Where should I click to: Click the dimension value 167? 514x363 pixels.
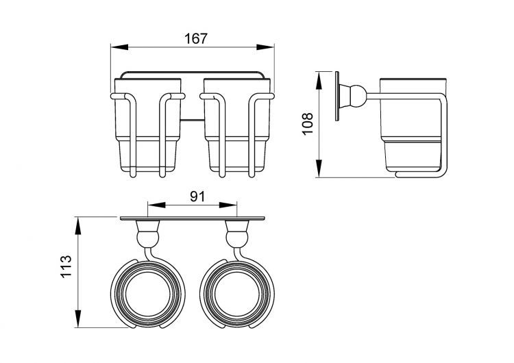pyautogui.click(x=196, y=38)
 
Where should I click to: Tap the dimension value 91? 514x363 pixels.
pyautogui.click(x=197, y=197)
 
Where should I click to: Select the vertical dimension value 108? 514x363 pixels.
pyautogui.click(x=308, y=124)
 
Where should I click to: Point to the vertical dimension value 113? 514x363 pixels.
pyautogui.click(x=66, y=266)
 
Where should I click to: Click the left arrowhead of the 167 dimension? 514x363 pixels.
pyautogui.click(x=119, y=47)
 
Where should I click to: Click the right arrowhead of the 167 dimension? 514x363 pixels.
pyautogui.click(x=265, y=47)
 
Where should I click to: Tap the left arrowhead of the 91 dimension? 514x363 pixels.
pyautogui.click(x=156, y=205)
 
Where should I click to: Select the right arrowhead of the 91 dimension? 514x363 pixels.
pyautogui.click(x=228, y=205)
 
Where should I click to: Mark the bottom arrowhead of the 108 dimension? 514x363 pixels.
pyautogui.click(x=319, y=168)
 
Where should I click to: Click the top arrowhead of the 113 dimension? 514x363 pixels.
pyautogui.click(x=77, y=226)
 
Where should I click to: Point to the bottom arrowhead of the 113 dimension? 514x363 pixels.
pyautogui.click(x=77, y=318)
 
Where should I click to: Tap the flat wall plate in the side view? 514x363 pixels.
pyautogui.click(x=337, y=96)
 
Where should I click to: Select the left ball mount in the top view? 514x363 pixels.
pyautogui.click(x=148, y=238)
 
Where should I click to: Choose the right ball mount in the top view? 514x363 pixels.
pyautogui.click(x=237, y=238)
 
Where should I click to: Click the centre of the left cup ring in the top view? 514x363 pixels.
pyautogui.click(x=148, y=294)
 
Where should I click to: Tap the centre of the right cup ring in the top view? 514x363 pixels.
pyautogui.click(x=237, y=294)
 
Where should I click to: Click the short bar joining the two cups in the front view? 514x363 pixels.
pyautogui.click(x=193, y=120)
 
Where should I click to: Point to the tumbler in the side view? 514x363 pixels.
pyautogui.click(x=413, y=125)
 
